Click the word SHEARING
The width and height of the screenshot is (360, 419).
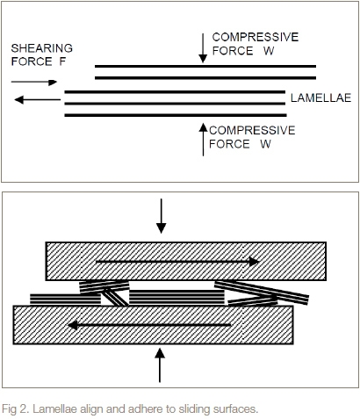[42, 48]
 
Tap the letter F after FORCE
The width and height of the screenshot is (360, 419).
[62, 61]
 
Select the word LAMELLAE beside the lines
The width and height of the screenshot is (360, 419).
[320, 98]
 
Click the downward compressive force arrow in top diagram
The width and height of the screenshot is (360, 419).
[203, 48]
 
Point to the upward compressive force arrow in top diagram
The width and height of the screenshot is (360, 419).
[203, 140]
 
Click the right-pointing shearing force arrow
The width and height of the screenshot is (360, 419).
[34, 83]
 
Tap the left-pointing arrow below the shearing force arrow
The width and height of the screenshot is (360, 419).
[38, 100]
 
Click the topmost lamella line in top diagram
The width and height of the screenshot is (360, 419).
[205, 67]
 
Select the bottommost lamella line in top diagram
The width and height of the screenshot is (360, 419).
[176, 115]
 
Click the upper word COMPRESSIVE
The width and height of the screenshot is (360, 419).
[256, 37]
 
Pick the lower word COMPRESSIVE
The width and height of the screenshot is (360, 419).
[252, 130]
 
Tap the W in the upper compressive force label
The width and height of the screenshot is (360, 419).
[269, 51]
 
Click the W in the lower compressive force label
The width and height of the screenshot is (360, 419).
[265, 144]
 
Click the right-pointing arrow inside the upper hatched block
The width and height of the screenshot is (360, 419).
[177, 262]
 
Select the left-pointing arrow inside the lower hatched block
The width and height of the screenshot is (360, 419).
[149, 325]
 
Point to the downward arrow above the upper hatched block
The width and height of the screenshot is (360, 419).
[162, 216]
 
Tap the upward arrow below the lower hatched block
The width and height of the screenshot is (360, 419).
[160, 365]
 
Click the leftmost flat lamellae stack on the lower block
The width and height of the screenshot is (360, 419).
[65, 300]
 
